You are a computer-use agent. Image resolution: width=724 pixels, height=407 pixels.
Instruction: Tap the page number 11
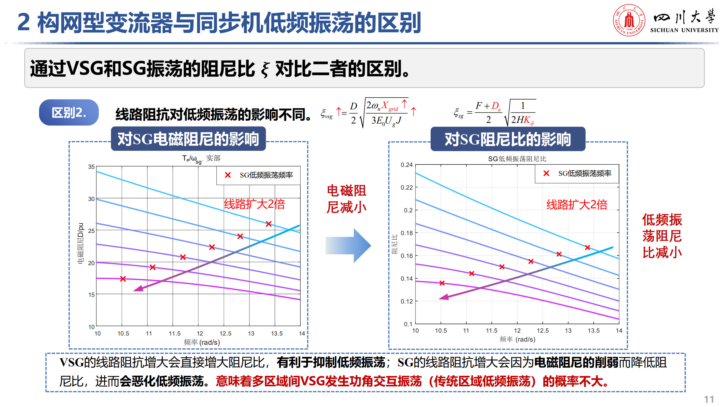709,399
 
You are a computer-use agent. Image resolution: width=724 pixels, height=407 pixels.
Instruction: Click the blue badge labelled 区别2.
69,112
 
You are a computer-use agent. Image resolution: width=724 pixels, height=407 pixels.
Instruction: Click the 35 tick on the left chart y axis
91,167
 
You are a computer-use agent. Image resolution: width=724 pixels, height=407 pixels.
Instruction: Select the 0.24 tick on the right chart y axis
406,165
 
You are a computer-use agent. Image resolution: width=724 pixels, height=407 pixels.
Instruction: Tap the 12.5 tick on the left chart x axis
225,334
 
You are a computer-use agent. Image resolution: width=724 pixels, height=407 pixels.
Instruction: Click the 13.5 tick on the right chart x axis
593,330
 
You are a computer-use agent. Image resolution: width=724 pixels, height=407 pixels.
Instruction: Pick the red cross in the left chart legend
228,175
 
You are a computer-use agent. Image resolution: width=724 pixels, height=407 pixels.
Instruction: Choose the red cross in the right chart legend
546,173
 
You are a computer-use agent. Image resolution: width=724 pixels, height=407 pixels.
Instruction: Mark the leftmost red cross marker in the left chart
123,279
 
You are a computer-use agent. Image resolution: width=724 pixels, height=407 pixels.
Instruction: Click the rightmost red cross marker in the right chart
587,247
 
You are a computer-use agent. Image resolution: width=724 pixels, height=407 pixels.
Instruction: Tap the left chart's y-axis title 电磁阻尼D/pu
81,243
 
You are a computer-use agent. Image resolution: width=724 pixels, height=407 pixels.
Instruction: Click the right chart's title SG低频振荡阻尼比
517,159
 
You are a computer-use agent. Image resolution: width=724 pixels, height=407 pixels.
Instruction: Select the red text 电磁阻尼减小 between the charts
346,199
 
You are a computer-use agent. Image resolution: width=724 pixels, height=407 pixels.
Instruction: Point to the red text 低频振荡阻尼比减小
662,236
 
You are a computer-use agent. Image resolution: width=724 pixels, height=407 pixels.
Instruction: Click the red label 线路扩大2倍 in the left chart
254,204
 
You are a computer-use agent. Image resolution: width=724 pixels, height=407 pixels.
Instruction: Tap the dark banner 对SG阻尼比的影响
508,139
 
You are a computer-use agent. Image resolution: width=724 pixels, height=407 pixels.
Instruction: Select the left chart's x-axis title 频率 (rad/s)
202,342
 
